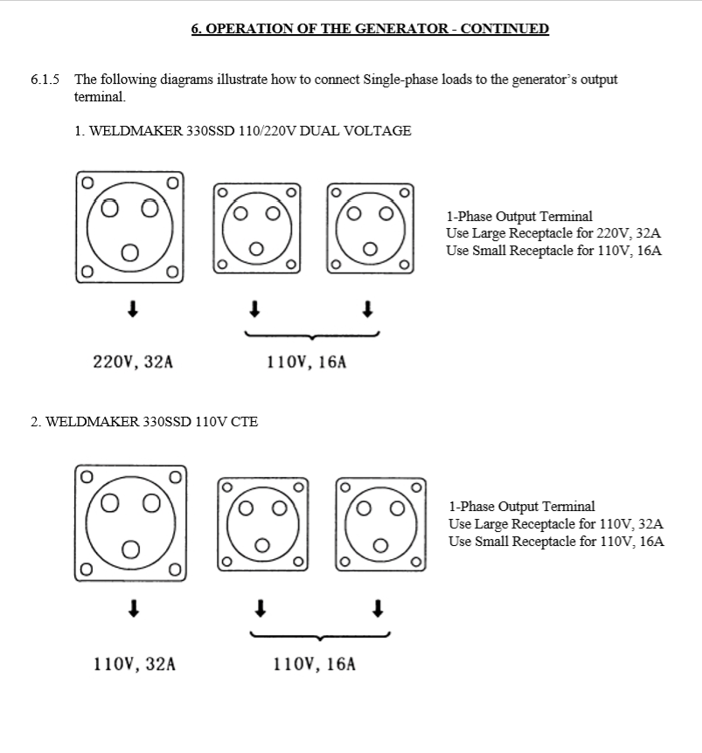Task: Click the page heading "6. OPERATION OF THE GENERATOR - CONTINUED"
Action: [370, 29]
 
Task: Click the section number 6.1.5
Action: [45, 79]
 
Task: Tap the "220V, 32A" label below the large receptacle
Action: [133, 362]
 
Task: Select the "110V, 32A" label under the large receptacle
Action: [134, 664]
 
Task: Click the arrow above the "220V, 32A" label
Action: [133, 308]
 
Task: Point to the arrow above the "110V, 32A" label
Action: [134, 608]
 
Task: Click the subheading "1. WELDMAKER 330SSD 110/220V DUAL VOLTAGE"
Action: [243, 131]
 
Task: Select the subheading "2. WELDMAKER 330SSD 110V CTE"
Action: [144, 422]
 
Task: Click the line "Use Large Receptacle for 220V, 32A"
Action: [553, 233]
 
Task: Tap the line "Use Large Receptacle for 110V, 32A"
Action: [556, 524]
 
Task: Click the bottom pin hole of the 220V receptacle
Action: [130, 252]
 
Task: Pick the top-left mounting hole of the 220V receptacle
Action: [87, 183]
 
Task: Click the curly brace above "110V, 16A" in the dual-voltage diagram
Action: [312, 335]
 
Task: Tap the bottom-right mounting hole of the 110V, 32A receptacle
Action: [176, 570]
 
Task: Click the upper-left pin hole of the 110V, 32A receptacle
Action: [110, 503]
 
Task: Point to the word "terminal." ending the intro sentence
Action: [100, 97]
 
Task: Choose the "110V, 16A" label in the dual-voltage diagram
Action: [307, 362]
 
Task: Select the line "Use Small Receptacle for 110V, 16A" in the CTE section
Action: [556, 542]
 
